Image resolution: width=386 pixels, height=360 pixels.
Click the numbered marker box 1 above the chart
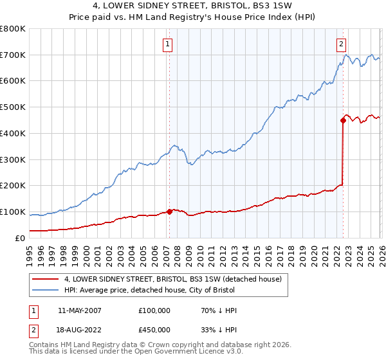click(x=167, y=44)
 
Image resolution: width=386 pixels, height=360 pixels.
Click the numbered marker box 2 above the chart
click(x=341, y=44)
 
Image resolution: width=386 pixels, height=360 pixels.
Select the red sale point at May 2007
click(x=170, y=211)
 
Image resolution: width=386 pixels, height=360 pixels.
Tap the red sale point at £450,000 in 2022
click(x=343, y=120)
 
